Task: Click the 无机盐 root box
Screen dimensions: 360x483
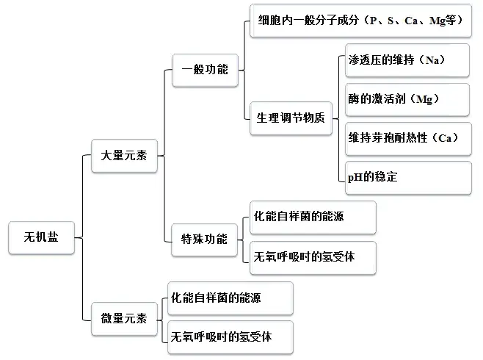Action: coord(42,237)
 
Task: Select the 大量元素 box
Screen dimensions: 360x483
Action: coord(123,156)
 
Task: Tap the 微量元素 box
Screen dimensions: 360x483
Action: coord(123,318)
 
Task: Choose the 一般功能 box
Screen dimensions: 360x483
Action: coord(205,70)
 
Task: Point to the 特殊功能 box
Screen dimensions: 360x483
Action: coord(205,239)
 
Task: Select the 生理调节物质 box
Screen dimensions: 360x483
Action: coord(290,118)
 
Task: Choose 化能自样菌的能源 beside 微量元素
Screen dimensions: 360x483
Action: coord(230,298)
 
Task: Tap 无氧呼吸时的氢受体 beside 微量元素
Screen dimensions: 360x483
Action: coord(230,337)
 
